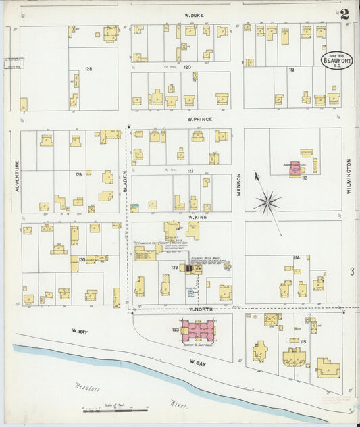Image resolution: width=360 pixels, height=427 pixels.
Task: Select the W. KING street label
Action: [x=197, y=217]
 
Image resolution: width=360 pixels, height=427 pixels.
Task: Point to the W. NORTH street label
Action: [x=201, y=309]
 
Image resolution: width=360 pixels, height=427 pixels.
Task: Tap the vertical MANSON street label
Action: [x=238, y=183]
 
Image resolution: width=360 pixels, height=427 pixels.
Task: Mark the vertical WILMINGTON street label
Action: [x=349, y=176]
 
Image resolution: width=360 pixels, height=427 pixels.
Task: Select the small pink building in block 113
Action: [x=295, y=172]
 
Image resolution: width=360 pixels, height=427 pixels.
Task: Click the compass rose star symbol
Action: [x=267, y=201]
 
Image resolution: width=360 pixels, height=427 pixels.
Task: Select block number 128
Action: [x=88, y=69]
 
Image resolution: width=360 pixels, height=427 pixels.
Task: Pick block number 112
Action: [x=292, y=69]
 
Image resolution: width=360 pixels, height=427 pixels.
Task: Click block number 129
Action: [x=78, y=175]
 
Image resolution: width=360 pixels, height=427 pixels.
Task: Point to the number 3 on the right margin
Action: [x=352, y=272]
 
